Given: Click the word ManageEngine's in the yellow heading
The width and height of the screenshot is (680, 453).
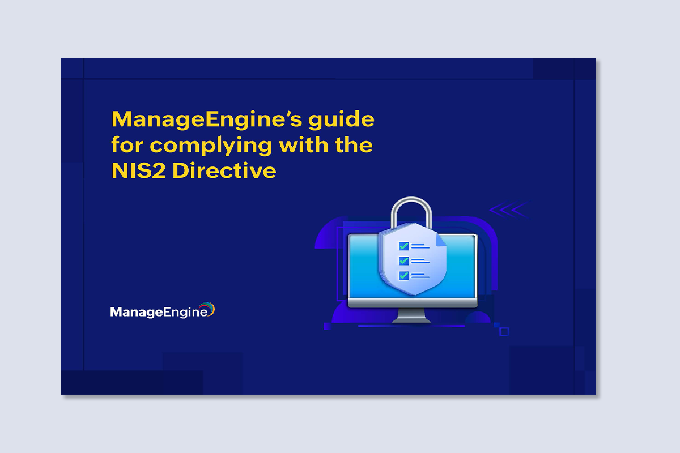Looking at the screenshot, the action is pyautogui.click(x=207, y=120).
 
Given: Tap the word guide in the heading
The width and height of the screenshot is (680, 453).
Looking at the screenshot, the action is pyautogui.click(x=341, y=120).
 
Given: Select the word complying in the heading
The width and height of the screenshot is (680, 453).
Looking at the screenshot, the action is pyautogui.click(x=211, y=146).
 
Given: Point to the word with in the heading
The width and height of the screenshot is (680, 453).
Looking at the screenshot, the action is pyautogui.click(x=304, y=145).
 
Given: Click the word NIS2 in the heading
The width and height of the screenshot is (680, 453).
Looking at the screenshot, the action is pyautogui.click(x=139, y=170).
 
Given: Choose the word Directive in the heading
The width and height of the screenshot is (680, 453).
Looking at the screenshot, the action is pyautogui.click(x=224, y=170).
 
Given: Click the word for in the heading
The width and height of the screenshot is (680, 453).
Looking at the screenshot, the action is pyautogui.click(x=127, y=145).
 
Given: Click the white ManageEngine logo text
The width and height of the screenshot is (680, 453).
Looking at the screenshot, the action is pyautogui.click(x=159, y=312).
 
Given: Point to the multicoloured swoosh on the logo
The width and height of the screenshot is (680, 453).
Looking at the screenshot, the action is pyautogui.click(x=208, y=308).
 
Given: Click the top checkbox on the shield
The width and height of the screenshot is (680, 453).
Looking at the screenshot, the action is pyautogui.click(x=403, y=246).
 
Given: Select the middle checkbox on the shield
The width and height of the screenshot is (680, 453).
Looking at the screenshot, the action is pyautogui.click(x=403, y=260).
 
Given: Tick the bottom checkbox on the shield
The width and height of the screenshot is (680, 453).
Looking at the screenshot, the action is pyautogui.click(x=403, y=276).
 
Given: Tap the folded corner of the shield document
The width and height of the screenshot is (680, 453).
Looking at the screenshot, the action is pyautogui.click(x=441, y=240).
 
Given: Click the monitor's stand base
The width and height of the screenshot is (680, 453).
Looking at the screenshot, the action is pyautogui.click(x=411, y=320).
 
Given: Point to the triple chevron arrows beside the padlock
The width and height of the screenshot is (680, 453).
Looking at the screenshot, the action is pyautogui.click(x=509, y=210).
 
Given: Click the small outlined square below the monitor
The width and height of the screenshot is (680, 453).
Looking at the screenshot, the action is pyautogui.click(x=504, y=332).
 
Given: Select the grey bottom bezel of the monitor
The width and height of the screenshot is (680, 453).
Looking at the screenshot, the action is pyautogui.click(x=413, y=303).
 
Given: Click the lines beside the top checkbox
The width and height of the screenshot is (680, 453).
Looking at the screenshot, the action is pyautogui.click(x=420, y=246).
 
